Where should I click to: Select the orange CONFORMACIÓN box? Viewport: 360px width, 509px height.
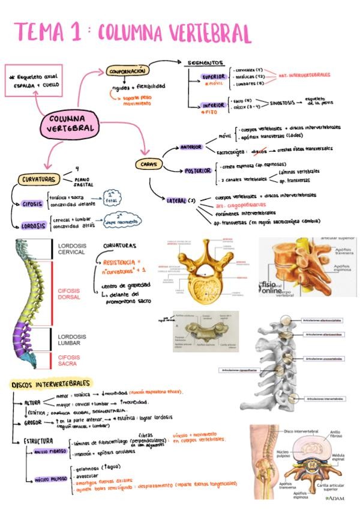click(127, 71)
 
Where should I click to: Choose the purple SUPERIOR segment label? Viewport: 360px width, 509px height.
click(214, 77)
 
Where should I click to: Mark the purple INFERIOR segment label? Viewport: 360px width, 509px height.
click(214, 105)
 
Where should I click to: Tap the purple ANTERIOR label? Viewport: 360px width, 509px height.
click(191, 146)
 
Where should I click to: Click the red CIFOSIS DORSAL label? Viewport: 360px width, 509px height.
click(73, 294)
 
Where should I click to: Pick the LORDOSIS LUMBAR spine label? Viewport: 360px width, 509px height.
click(72, 340)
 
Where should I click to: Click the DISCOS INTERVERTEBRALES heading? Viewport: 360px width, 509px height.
click(52, 383)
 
